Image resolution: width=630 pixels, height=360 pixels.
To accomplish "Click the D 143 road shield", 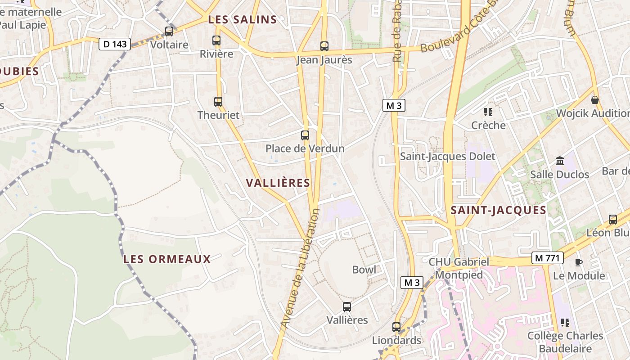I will coord(115,44).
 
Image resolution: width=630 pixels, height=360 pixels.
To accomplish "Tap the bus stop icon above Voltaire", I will coord(169,31).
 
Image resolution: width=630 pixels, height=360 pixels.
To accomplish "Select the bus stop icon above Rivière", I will coord(216,40).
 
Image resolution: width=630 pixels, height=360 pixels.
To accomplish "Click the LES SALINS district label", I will coord(243,19).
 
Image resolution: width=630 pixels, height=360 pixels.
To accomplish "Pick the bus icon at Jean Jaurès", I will coord(324,46).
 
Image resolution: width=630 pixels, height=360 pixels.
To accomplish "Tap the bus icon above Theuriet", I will coord(218,101).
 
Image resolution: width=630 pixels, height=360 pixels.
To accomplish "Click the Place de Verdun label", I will coord(305,148).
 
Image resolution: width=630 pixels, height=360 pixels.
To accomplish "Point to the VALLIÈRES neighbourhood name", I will coord(278,183).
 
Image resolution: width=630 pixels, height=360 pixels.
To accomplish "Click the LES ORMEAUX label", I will coord(167,259).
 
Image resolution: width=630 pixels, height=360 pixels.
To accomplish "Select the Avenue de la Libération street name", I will coord(300,268).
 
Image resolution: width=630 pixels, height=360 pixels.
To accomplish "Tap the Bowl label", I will coord(364,270).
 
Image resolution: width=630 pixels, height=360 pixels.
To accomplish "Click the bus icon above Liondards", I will coord(396,327).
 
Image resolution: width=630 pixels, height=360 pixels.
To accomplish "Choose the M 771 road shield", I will coord(547,258).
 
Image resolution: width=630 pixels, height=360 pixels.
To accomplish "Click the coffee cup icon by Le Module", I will coord(579,262).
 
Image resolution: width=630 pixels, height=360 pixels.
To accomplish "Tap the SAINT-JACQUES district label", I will coord(499,210).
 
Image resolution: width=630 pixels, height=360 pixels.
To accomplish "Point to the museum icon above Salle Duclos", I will coord(560,161).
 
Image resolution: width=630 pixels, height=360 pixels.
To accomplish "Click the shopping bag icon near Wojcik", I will coord(595,99).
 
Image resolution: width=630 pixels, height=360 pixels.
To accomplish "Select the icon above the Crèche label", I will coord(488,112).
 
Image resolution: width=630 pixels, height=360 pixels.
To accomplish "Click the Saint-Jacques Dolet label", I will coord(447,157).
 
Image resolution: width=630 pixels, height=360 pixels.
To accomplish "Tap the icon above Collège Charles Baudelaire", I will coord(565,323).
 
